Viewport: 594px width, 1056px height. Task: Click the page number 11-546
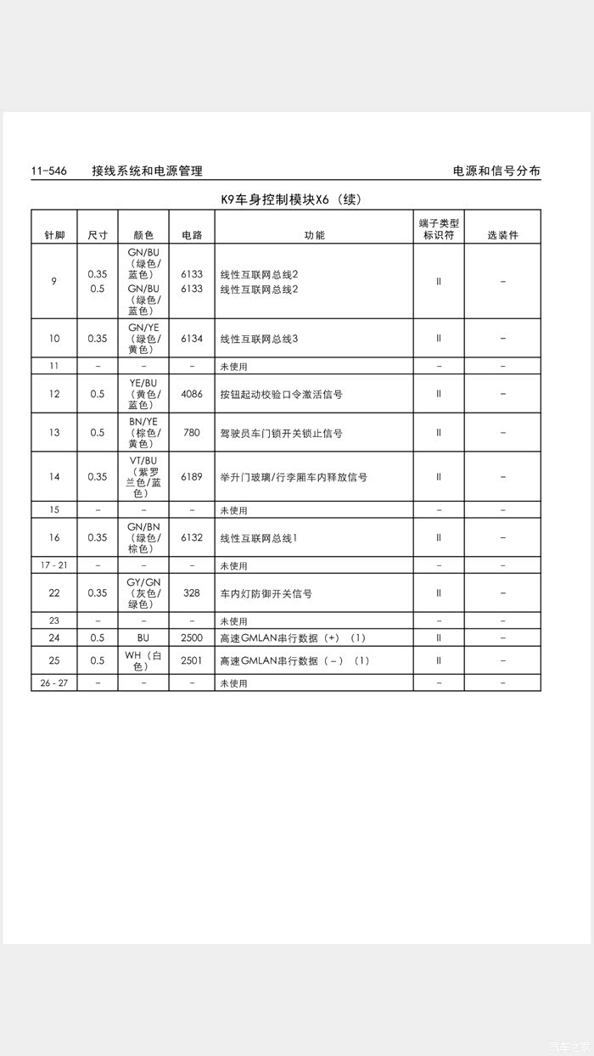point(48,171)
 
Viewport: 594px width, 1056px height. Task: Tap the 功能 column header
point(314,235)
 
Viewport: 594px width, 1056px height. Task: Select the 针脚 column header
point(54,235)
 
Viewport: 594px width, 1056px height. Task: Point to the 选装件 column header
point(502,235)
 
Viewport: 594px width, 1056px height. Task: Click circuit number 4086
point(192,394)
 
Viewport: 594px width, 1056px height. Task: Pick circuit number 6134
point(192,339)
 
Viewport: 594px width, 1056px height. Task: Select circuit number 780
point(192,433)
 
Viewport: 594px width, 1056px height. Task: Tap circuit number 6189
point(192,477)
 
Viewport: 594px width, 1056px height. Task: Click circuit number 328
point(192,593)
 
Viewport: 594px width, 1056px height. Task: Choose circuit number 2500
point(192,638)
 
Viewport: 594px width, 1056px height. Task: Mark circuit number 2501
point(192,660)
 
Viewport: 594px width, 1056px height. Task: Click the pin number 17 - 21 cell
point(54,565)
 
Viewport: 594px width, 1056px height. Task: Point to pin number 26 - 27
point(54,682)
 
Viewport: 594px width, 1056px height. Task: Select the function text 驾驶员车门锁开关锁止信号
point(281,433)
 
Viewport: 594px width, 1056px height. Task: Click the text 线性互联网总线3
point(259,339)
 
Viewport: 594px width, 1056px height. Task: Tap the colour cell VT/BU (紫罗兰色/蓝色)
point(143,477)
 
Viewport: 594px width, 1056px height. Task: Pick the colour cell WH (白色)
point(143,660)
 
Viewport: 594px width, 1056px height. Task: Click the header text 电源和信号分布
point(496,171)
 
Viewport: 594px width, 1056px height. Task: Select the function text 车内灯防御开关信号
point(266,593)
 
